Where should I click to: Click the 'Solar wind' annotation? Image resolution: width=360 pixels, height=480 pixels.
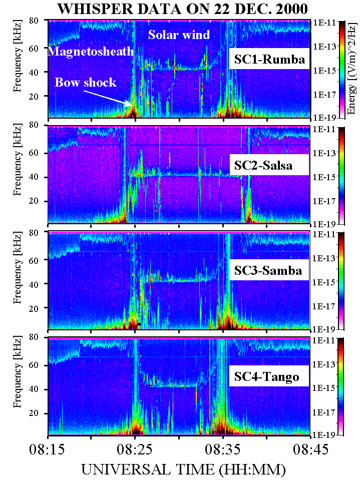pyautogui.click(x=179, y=35)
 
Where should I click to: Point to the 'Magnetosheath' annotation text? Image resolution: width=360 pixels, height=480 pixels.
pyautogui.click(x=91, y=52)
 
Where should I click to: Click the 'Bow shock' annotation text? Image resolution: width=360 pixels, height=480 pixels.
pyautogui.click(x=86, y=83)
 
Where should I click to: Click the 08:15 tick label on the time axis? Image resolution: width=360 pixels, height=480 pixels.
pyautogui.click(x=48, y=450)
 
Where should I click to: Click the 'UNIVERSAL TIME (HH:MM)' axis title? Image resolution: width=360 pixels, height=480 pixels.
pyautogui.click(x=183, y=470)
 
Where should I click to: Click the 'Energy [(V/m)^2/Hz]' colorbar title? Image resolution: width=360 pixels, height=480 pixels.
pyautogui.click(x=352, y=70)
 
